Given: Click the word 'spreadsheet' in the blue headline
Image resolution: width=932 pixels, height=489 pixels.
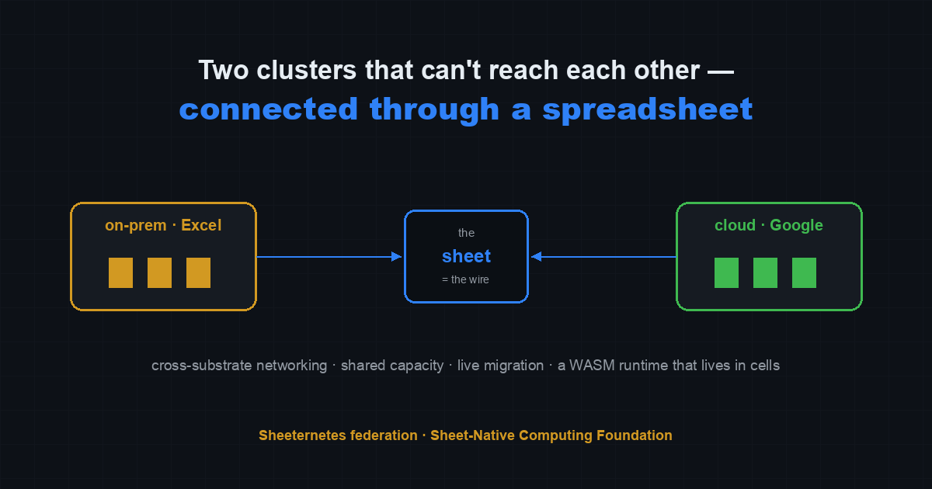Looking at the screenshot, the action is coord(648,109).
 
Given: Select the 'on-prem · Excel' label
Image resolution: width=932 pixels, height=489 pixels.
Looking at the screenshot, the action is coord(163,225).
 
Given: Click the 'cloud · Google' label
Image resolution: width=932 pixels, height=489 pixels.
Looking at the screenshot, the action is coord(768,225).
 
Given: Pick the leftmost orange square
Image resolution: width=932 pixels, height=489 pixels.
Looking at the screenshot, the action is coord(120,272).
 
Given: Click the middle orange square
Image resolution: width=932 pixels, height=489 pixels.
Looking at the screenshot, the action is coord(159,272).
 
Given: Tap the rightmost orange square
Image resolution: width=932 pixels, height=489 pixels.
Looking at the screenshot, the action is coord(198,272).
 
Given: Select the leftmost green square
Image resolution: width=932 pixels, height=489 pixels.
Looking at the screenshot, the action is coord(726,272).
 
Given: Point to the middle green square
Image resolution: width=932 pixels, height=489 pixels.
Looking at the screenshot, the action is coord(765,272).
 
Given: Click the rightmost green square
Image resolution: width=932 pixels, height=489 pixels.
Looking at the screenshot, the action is coord(804,272).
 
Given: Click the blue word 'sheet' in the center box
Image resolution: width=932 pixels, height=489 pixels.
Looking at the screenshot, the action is coord(466,256).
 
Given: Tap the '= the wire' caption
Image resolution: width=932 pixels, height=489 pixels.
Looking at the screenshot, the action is coord(465,279).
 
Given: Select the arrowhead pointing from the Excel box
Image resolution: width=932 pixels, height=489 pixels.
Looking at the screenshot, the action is coord(397,257).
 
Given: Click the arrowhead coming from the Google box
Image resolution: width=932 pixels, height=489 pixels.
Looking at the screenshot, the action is coord(537,257).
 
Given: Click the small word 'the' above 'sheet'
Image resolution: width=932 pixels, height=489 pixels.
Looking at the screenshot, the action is coord(466,233).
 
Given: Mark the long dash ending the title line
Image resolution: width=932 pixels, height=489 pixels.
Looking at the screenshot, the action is coord(721,72).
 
